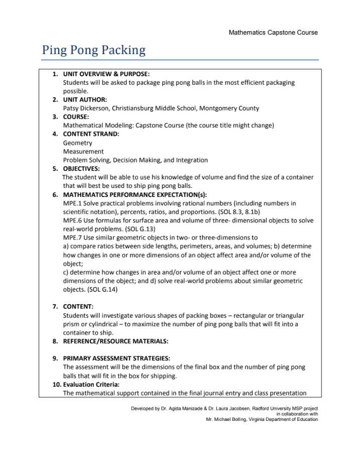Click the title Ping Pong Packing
pos(94,50)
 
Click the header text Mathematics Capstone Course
pos(273,33)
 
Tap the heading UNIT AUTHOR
pos(85,99)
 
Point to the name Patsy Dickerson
pos(86,108)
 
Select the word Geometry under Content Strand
pos(78,143)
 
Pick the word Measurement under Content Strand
pos(83,151)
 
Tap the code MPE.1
pos(72,203)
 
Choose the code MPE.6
pos(72,220)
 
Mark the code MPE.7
pos(72,238)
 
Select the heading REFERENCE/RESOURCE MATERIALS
pos(115,341)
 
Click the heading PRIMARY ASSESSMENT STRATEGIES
pos(116,358)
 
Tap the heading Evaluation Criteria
pos(90,384)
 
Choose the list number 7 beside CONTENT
pos(55,306)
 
